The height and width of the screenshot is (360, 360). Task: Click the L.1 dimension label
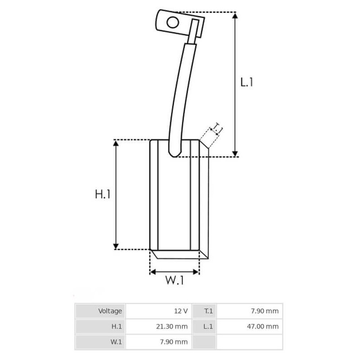247,82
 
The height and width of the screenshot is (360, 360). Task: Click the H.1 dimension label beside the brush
103,194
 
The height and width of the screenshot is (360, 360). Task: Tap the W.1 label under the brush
175,281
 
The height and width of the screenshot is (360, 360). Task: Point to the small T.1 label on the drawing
217,129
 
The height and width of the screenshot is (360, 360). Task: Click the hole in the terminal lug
172,22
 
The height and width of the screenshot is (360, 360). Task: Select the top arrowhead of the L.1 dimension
235,16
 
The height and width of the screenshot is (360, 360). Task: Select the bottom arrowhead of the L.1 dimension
235,153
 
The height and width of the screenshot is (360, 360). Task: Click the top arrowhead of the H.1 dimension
116,143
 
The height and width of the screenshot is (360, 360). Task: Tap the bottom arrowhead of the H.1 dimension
116,246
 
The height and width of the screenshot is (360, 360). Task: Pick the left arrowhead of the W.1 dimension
153,272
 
